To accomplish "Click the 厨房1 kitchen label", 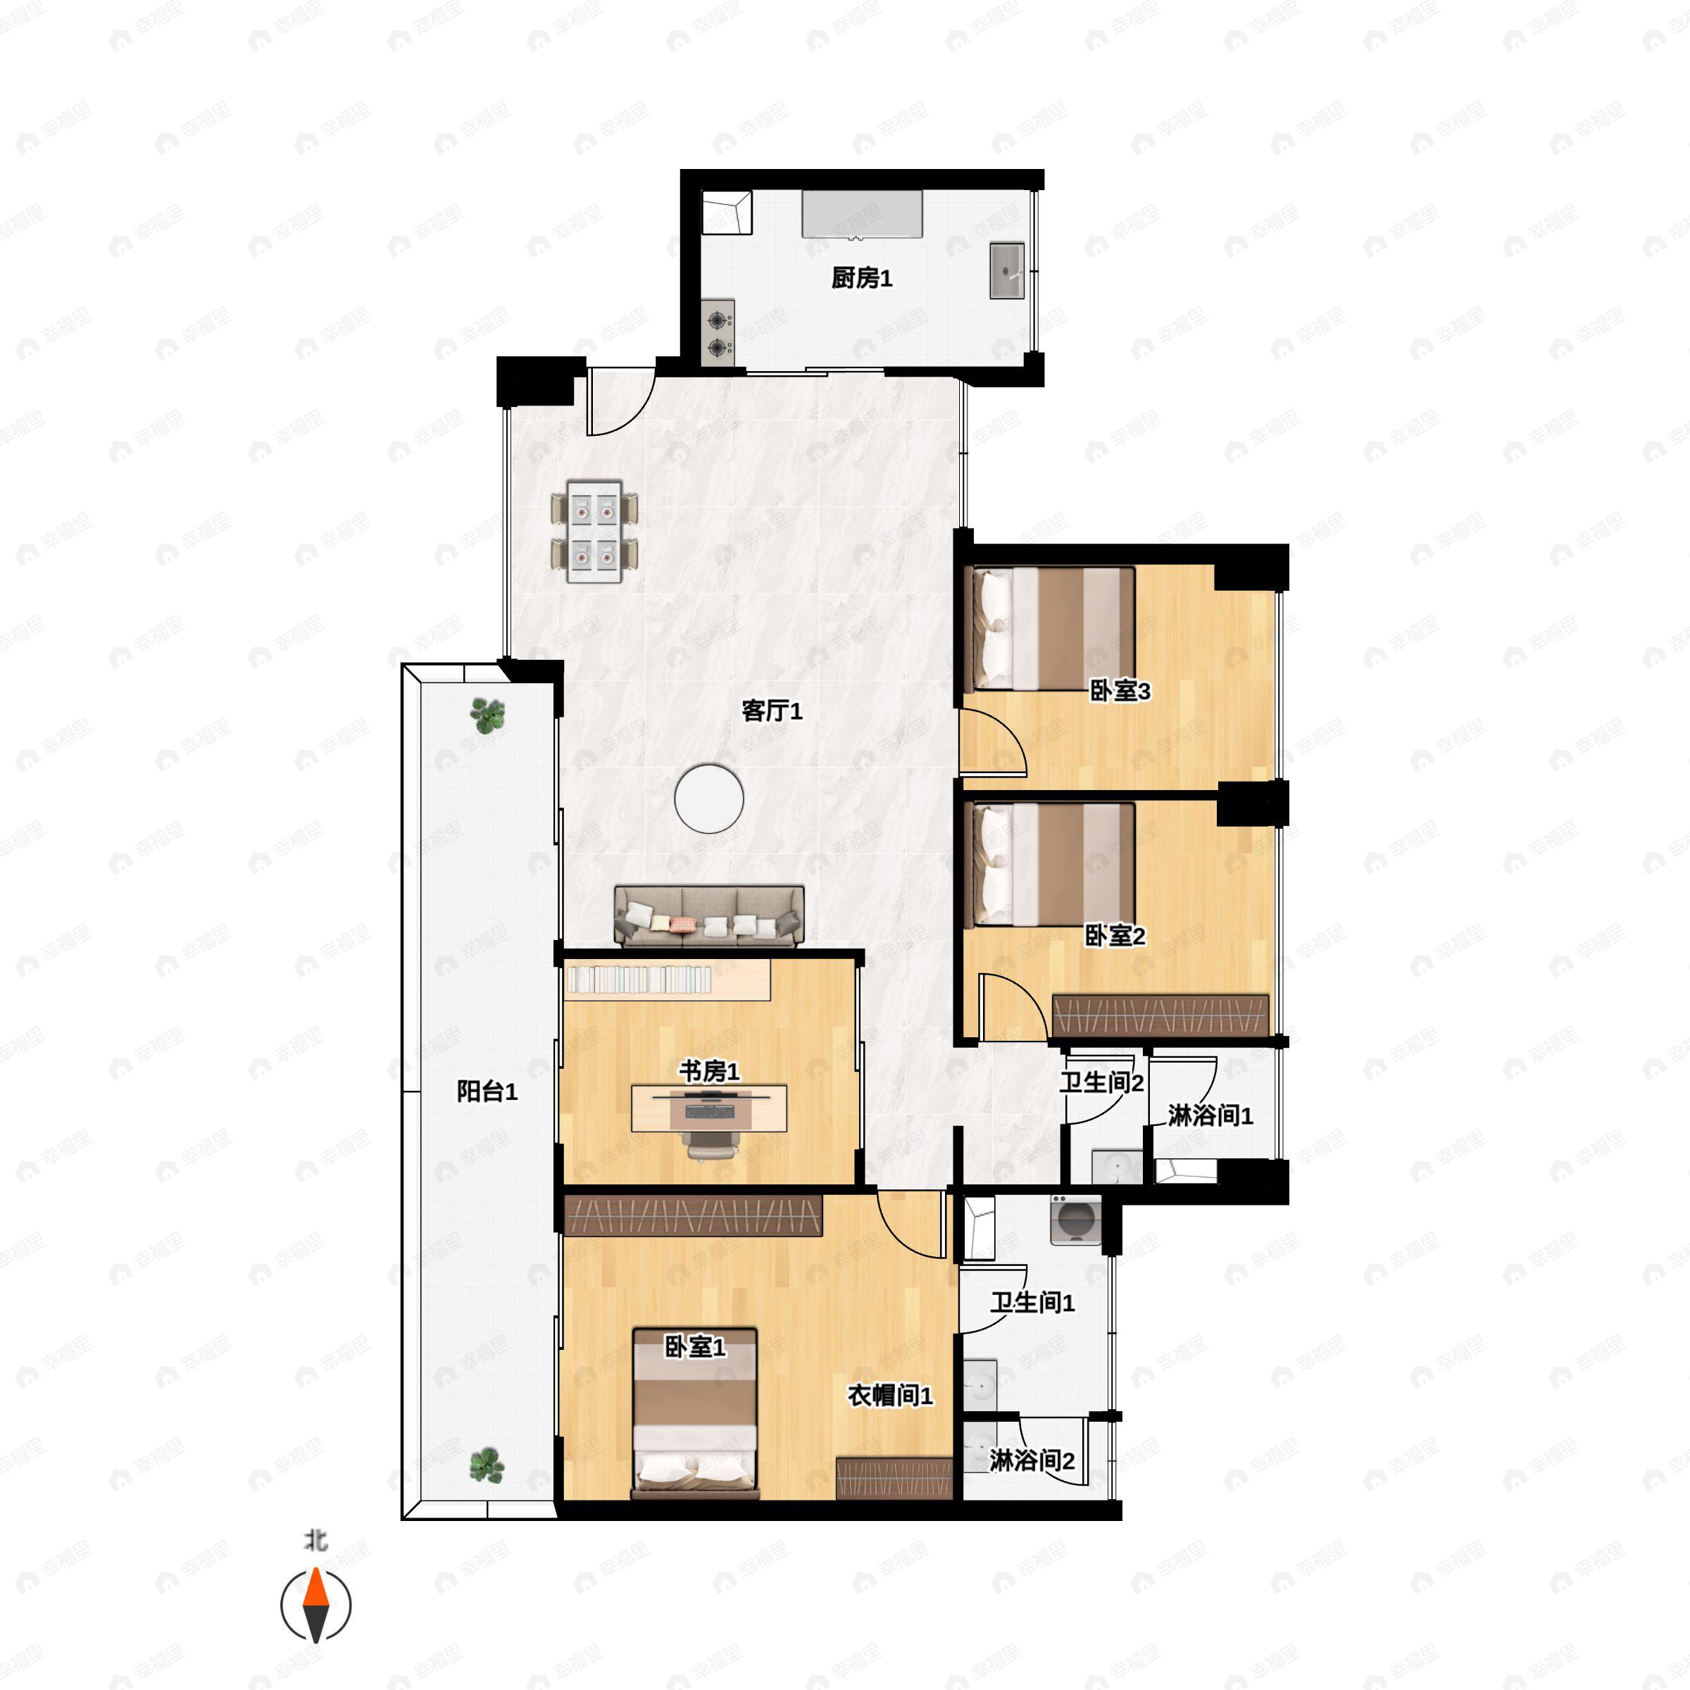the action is coord(862,278).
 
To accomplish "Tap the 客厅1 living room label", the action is coord(772,711).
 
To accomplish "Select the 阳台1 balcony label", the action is coord(487,1091).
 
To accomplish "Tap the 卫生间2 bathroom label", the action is coord(1102,1083).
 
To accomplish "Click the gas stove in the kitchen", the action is coord(718,333).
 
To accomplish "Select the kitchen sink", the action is coord(1007,271).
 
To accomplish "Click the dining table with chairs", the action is coord(595,531).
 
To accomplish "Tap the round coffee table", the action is coord(708,799).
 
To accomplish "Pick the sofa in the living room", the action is coord(709,916).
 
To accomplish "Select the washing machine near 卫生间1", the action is coord(1076,1220).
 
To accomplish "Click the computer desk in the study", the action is coord(709,1108).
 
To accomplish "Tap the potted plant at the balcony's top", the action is coord(487,715).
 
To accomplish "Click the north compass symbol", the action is coord(315,1606).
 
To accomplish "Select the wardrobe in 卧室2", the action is coord(1160,1016).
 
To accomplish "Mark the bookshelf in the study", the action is coord(668,979).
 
